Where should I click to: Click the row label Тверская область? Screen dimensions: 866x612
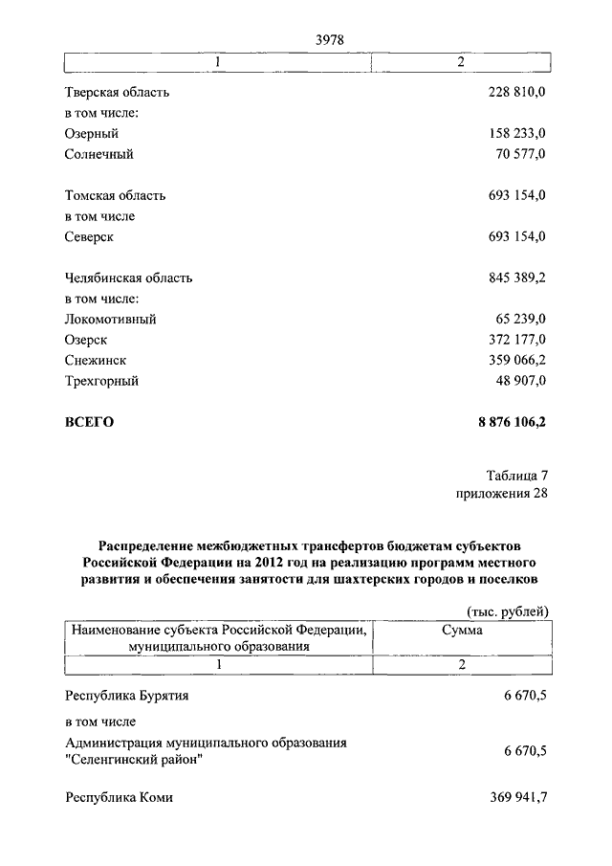[117, 93]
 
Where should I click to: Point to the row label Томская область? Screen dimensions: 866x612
[115, 195]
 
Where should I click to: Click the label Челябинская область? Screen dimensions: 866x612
[128, 278]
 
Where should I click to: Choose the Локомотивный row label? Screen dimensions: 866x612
[110, 320]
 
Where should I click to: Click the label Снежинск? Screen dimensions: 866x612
[96, 361]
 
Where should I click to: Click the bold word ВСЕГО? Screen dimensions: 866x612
[89, 422]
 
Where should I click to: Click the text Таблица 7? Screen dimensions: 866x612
[517, 475]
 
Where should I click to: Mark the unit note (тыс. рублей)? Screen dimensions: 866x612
[507, 611]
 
